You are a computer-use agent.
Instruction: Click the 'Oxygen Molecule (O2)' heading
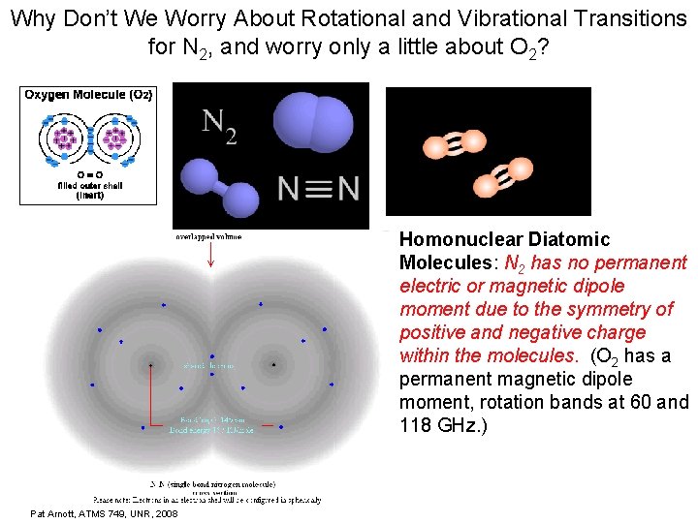(x=88, y=94)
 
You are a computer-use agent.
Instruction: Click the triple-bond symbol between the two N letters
(x=315, y=189)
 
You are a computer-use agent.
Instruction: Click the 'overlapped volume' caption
(x=209, y=235)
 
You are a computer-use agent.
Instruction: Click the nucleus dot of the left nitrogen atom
(x=150, y=365)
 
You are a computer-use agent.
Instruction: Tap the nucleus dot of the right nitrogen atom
(x=273, y=365)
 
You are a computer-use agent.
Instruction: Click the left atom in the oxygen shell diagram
(x=66, y=138)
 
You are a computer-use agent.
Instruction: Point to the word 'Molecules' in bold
(x=444, y=262)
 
